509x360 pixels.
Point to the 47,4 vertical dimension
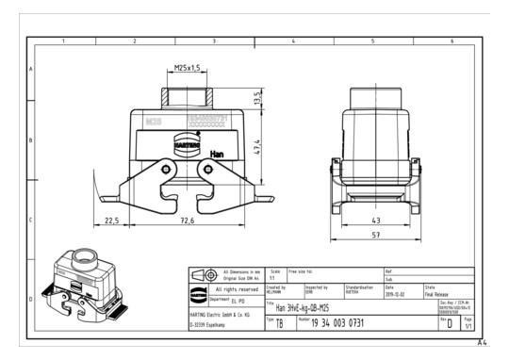257,147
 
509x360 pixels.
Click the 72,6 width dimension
184,221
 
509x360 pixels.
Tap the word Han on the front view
217,154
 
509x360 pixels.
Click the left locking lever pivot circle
167,170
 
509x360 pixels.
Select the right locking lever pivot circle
208,170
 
